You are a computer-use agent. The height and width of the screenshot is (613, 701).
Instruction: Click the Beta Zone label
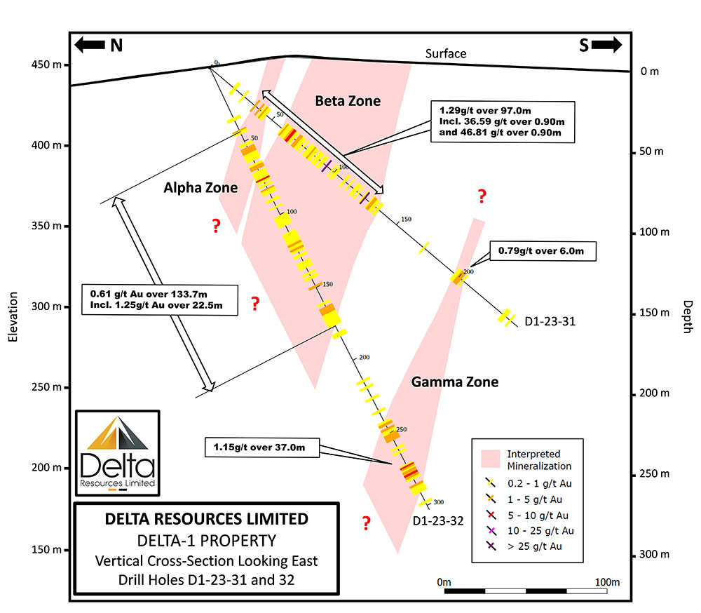348,101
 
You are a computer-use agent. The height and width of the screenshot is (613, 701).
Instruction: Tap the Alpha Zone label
200,187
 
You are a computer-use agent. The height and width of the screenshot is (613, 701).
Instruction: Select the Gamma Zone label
455,382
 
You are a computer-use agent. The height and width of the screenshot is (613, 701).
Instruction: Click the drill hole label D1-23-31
550,321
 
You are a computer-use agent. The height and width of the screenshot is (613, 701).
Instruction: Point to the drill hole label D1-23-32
438,521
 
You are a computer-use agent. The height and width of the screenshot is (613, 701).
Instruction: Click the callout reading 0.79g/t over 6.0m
543,251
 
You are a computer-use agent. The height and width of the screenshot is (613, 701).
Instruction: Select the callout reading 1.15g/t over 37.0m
262,447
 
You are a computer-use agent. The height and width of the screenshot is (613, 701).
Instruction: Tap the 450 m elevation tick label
46,65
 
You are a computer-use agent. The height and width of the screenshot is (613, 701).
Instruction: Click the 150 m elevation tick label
46,549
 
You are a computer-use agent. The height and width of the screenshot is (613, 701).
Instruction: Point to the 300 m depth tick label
654,554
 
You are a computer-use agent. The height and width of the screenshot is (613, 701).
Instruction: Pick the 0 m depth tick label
650,72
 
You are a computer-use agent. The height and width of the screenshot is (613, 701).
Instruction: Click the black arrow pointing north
90,45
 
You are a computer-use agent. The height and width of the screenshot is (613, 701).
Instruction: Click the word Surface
446,54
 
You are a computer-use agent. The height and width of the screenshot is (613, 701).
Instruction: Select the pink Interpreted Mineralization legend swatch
491,459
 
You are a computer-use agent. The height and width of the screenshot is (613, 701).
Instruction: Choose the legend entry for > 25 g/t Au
524,546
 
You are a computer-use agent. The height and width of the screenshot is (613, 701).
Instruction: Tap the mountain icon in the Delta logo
118,433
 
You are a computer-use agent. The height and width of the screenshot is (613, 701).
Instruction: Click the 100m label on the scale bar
607,582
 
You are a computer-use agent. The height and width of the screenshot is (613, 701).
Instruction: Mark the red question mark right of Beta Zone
482,196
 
